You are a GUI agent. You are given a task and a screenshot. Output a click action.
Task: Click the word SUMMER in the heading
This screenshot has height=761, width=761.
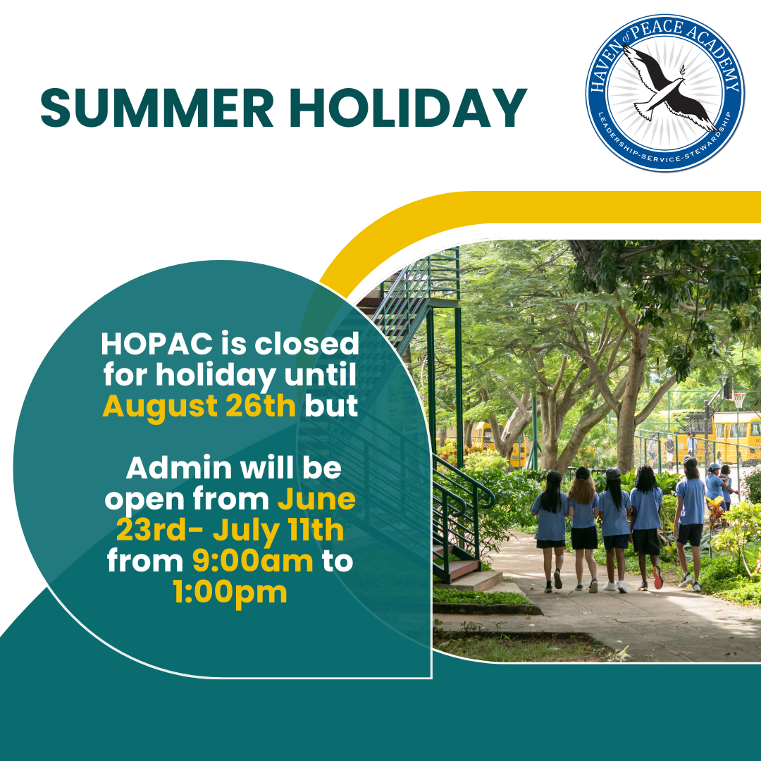click(x=156, y=108)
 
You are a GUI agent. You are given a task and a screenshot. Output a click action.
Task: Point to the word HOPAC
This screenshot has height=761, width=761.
click(x=156, y=344)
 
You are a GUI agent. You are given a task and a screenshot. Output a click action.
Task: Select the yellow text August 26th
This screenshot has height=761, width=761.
click(x=199, y=407)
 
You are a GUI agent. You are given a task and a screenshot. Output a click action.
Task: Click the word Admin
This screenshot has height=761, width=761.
click(x=179, y=469)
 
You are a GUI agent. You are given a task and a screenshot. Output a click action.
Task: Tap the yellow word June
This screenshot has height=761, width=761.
click(x=316, y=500)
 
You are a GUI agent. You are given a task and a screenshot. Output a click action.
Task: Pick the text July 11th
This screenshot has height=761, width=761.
click(x=278, y=531)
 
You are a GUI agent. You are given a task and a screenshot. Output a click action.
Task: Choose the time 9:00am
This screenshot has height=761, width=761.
click(x=253, y=562)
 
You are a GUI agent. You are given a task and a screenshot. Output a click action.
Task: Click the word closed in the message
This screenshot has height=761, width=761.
click(x=307, y=344)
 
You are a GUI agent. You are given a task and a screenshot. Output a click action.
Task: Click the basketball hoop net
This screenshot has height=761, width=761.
click(x=738, y=401)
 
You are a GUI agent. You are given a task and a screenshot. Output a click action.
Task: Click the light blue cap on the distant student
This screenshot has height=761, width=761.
click(x=714, y=466)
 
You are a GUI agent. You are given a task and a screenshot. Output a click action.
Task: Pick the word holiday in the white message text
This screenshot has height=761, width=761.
click(x=216, y=376)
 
